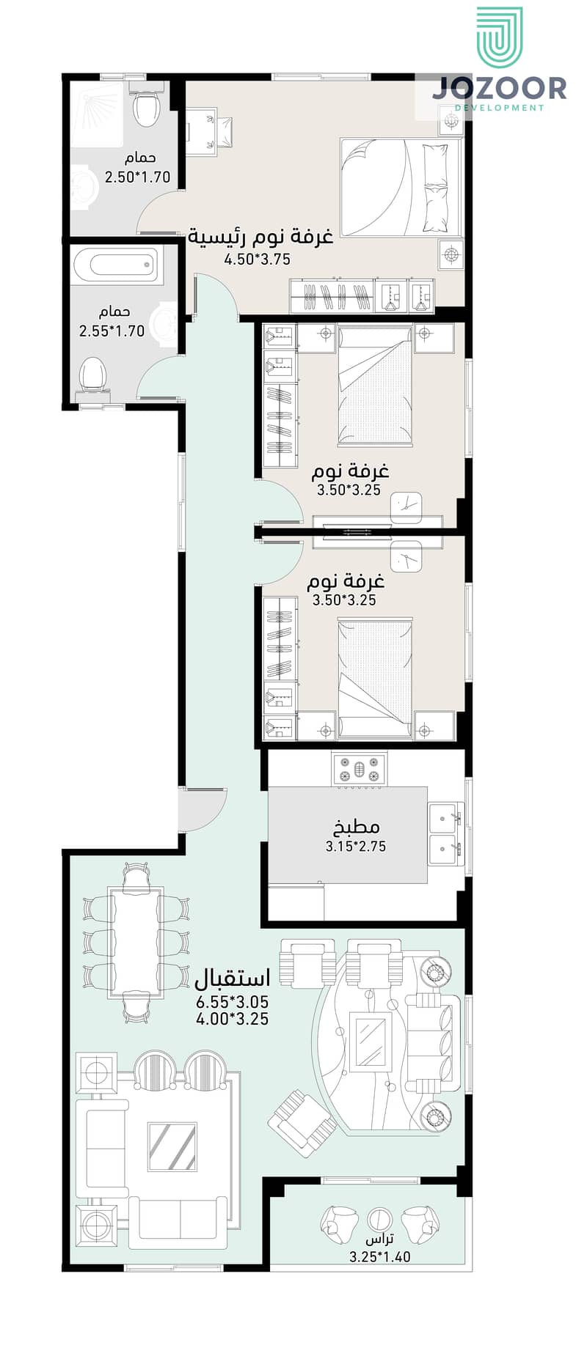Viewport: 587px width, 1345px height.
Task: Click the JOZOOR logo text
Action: click(499, 88)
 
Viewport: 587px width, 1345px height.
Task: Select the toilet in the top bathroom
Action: click(147, 108)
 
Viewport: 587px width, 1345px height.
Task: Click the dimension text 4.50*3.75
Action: click(257, 259)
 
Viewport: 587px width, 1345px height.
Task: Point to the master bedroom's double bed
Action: click(400, 187)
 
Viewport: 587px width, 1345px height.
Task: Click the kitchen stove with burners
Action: click(360, 770)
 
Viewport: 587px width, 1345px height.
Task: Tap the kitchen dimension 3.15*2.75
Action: click(356, 846)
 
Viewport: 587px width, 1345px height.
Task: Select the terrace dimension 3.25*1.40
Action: click(379, 1256)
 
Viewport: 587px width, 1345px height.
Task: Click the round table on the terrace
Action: click(379, 1220)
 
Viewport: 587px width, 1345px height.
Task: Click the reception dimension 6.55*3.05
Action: click(232, 1002)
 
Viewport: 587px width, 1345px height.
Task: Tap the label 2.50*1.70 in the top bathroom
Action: click(137, 177)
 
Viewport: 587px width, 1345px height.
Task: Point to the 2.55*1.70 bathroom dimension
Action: click(112, 331)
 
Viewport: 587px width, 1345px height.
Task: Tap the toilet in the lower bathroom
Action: click(93, 374)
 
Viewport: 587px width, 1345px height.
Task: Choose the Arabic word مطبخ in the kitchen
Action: click(357, 827)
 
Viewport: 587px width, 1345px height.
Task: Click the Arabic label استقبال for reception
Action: click(232, 979)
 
